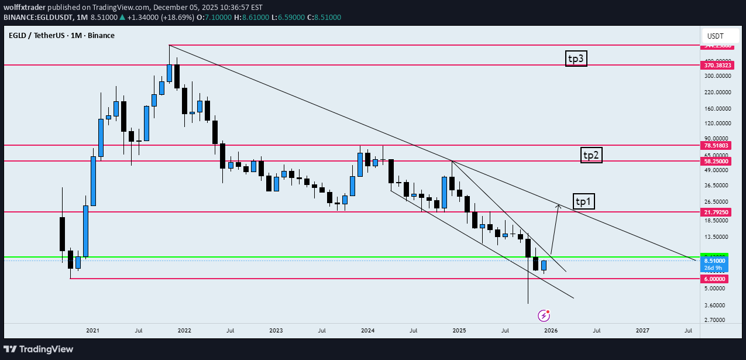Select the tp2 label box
(x=592, y=155)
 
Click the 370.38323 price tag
(x=714, y=66)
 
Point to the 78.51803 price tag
(x=714, y=145)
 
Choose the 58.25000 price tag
(x=714, y=161)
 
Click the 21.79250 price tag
(x=714, y=212)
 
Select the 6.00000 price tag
(x=714, y=279)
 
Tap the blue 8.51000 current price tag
(x=714, y=260)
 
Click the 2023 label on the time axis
(x=276, y=331)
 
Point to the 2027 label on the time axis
(x=642, y=331)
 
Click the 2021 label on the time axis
(x=92, y=331)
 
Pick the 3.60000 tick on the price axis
(x=716, y=305)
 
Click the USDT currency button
(x=715, y=36)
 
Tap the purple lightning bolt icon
(x=544, y=316)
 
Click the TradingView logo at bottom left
(x=39, y=349)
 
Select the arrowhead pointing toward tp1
(x=558, y=205)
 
